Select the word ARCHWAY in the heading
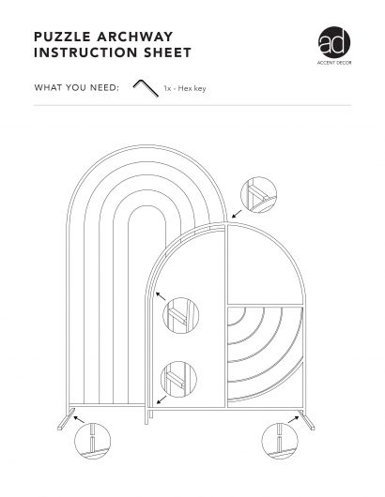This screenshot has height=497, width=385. [x=135, y=37]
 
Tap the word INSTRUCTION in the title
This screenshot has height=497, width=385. [x=85, y=53]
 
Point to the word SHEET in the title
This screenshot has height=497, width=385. [x=167, y=53]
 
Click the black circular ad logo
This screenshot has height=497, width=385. [x=334, y=42]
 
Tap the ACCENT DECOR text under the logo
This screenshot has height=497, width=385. [x=334, y=63]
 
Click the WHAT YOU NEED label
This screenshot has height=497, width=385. [x=76, y=87]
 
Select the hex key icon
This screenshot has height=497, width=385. [x=146, y=88]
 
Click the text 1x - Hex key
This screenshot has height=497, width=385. [x=185, y=88]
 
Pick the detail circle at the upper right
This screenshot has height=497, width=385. [x=258, y=195]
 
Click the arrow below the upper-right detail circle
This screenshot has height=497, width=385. [x=237, y=214]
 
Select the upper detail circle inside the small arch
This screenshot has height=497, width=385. [x=181, y=315]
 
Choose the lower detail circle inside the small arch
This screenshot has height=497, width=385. [x=178, y=379]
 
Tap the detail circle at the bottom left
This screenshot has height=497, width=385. [x=92, y=441]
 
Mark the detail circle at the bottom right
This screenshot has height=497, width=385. [x=280, y=441]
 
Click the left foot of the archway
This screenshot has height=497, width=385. [x=67, y=419]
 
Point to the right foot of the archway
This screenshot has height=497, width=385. [x=307, y=420]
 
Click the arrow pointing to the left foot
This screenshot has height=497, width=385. [x=79, y=420]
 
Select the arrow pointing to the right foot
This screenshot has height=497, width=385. [x=293, y=420]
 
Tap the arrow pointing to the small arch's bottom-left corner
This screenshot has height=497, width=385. [x=162, y=399]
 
